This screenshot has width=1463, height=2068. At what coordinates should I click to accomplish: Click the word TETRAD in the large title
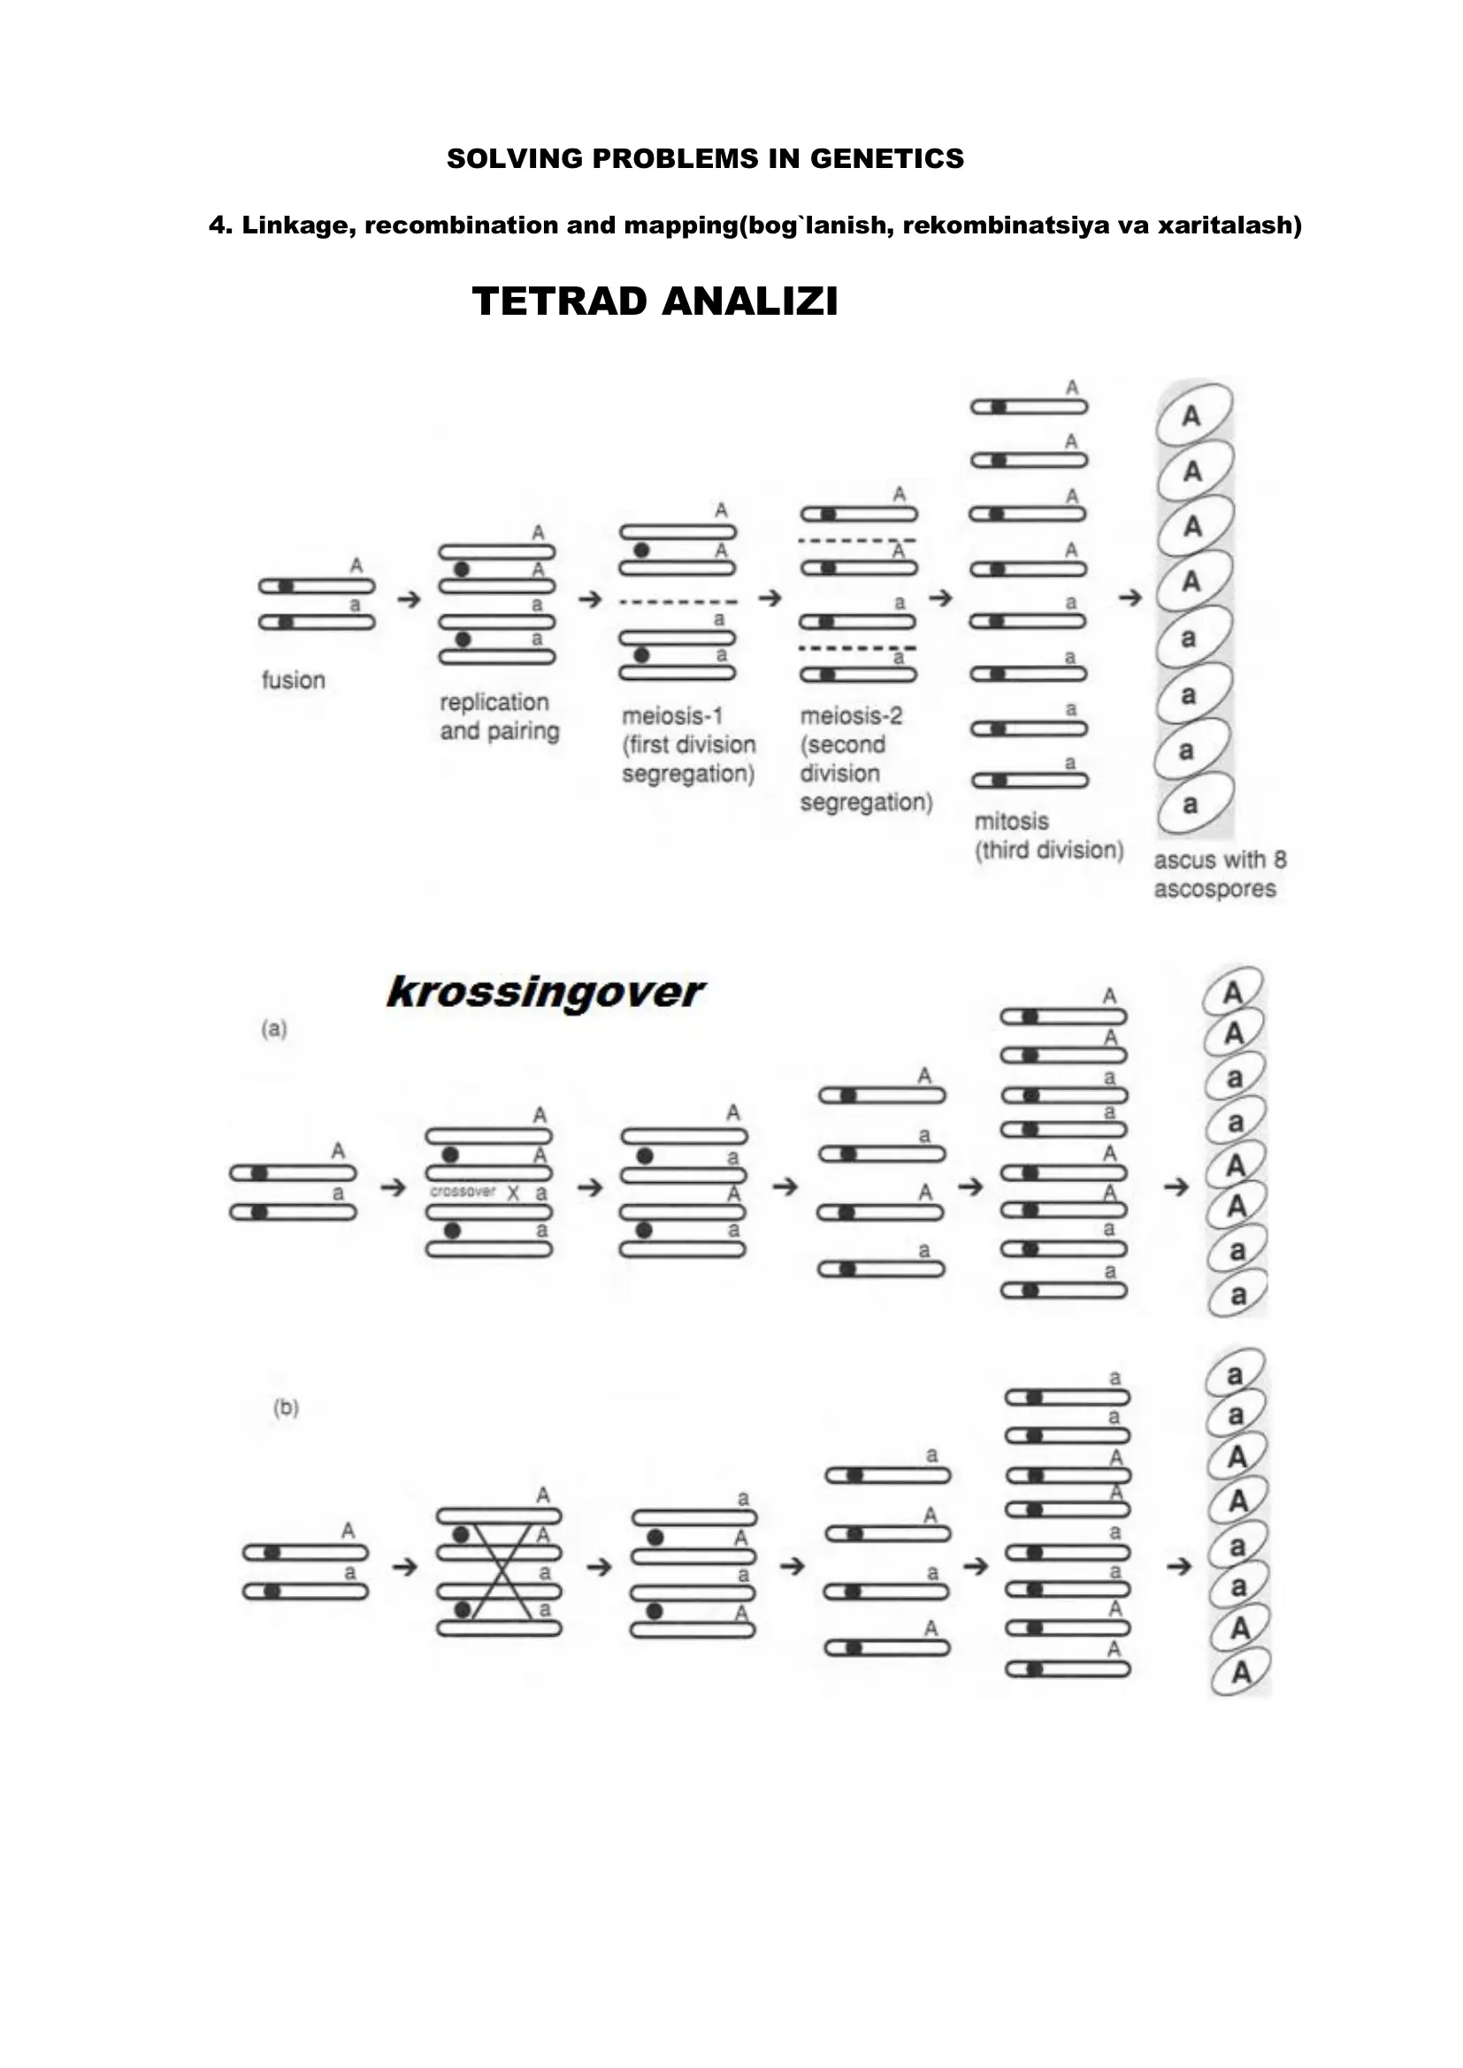click(560, 301)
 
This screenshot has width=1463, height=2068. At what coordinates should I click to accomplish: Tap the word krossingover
click(544, 993)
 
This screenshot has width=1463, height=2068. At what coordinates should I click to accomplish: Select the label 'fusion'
click(293, 680)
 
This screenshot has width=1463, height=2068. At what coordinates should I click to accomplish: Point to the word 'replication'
click(494, 703)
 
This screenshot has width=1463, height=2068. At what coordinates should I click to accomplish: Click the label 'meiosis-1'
click(672, 716)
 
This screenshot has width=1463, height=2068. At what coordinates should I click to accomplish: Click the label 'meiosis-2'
click(851, 716)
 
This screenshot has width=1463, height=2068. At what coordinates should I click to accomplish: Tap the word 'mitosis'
click(1012, 821)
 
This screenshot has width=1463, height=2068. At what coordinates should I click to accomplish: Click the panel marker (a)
click(274, 1028)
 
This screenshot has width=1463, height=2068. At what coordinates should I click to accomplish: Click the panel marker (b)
click(286, 1408)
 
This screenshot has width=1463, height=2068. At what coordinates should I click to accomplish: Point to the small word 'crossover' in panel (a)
click(463, 1192)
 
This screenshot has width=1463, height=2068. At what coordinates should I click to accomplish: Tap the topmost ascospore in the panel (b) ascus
click(1235, 1376)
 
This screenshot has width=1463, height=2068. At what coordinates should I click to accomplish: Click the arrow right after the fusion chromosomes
click(409, 598)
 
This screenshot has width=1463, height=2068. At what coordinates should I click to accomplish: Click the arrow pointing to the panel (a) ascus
click(1176, 1187)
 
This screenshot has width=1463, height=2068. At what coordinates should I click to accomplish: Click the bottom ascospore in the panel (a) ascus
click(1237, 1295)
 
